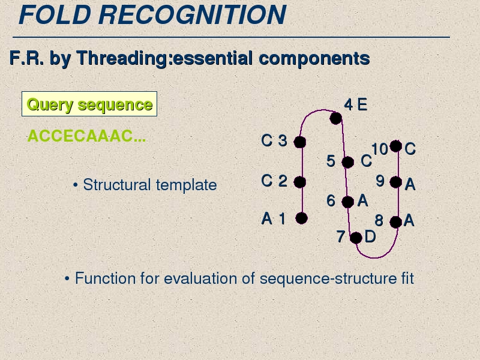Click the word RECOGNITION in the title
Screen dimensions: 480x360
(192, 14)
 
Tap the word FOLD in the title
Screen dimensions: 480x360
(55, 14)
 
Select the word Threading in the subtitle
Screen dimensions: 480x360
(124, 58)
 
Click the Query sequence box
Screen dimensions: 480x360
(89, 104)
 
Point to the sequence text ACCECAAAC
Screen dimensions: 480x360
(86, 136)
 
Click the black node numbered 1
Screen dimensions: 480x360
(302, 218)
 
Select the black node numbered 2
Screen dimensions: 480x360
(299, 182)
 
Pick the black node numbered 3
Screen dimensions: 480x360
(299, 142)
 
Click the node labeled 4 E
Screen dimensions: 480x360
(336, 118)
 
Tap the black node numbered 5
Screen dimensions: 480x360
(348, 162)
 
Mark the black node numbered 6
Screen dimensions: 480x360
(348, 202)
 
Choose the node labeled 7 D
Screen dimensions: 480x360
(356, 238)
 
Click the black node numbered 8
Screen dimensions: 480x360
(396, 222)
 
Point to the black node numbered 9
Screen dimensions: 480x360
(396, 182)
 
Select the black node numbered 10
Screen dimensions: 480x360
(396, 146)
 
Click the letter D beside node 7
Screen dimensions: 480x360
(370, 236)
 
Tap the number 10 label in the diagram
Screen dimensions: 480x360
(380, 149)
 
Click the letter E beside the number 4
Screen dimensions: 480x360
(362, 104)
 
